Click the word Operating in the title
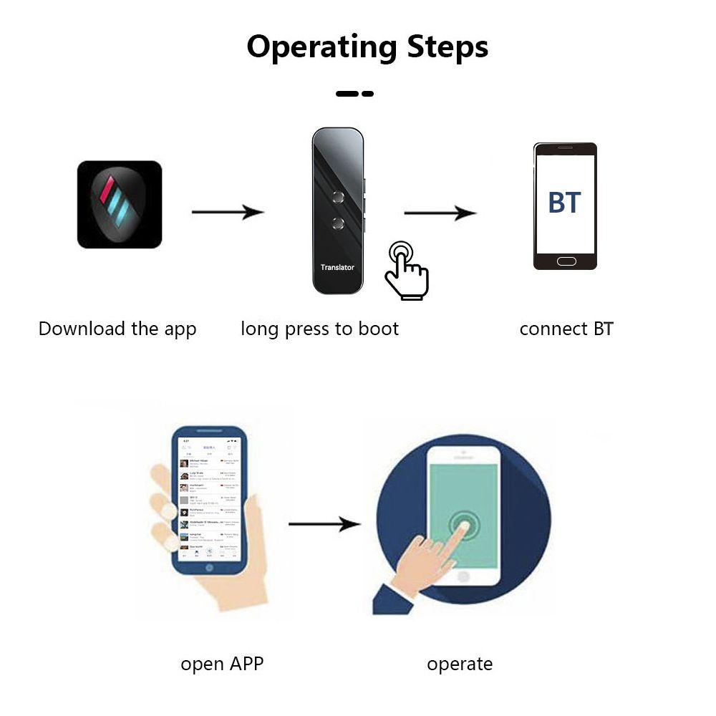321,47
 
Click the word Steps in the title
447,47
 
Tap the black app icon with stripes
120,205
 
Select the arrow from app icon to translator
227,212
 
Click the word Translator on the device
337,267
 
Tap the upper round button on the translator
339,196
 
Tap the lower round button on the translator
339,223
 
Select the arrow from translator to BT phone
440,213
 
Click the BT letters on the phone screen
564,203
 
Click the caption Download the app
117,329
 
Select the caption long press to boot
319,329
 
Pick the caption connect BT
566,329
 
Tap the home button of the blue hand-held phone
209,568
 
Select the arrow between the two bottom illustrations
324,524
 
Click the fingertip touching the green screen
464,527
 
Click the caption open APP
222,664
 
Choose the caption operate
460,664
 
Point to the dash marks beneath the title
354,94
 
